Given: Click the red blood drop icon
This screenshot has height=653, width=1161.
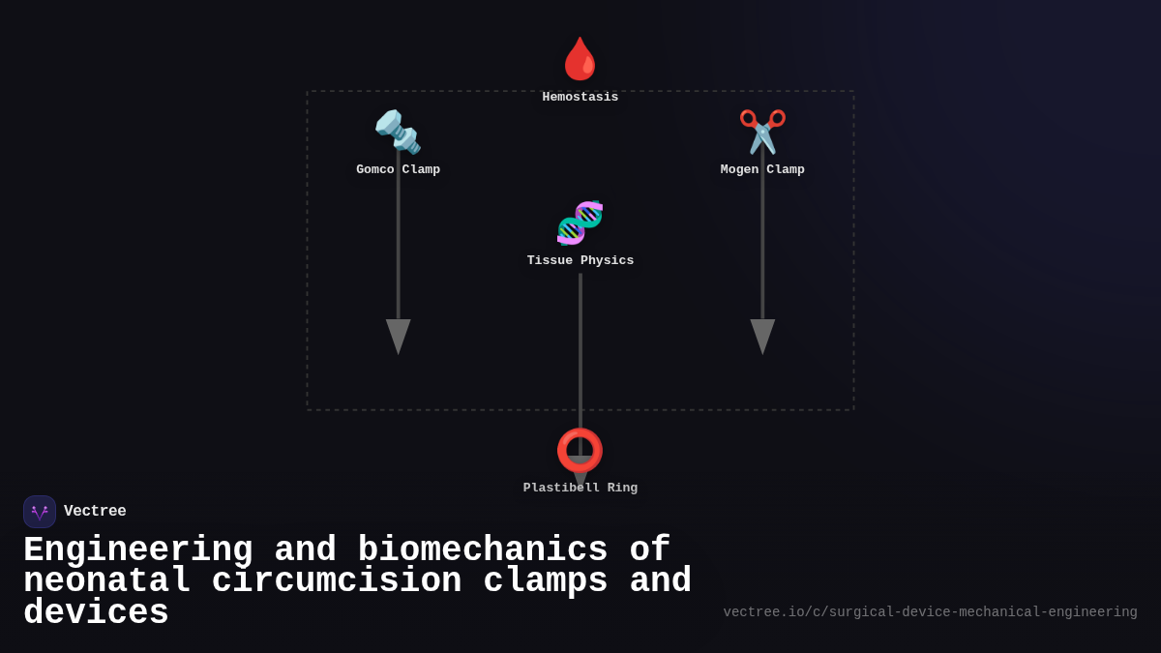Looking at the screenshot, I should click(580, 59).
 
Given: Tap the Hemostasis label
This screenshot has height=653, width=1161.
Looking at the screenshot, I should click(580, 98).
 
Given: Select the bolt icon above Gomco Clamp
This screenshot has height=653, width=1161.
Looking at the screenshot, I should click(398, 132).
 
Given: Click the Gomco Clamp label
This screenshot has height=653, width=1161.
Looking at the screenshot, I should click(398, 170).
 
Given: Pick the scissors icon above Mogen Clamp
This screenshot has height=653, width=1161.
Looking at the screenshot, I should click(762, 132).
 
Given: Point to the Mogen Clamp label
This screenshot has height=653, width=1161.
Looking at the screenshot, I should click(762, 170).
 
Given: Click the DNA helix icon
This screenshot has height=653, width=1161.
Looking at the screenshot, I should click(580, 223).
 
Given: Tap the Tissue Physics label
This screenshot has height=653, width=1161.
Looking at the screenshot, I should click(580, 261).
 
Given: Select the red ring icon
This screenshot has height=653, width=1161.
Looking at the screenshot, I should click(580, 450).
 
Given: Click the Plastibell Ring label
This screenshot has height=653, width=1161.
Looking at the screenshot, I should click(580, 489).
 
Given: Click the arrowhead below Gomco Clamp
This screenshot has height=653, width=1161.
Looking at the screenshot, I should click(398, 336).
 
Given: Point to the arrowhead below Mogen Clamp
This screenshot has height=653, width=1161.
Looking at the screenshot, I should click(762, 336).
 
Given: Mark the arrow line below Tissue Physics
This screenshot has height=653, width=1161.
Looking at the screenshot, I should click(580, 348).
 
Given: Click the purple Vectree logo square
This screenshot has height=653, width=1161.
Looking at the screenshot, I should click(40, 512).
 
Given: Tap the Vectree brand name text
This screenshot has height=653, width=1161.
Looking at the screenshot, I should click(95, 512).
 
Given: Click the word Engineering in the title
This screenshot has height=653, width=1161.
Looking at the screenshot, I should click(137, 550).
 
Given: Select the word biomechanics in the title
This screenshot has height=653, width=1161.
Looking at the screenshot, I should click(482, 550).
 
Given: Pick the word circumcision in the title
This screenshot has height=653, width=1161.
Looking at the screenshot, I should click(337, 581).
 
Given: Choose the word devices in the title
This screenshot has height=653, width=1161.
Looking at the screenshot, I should click(96, 613).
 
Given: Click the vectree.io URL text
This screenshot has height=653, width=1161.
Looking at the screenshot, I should click(930, 612).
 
